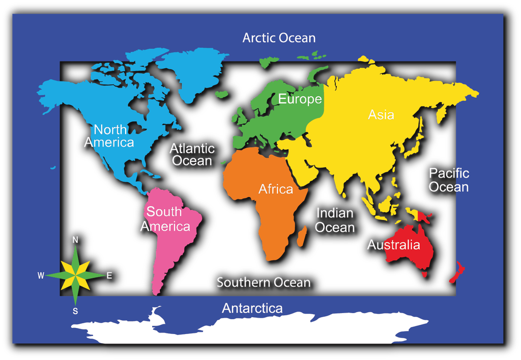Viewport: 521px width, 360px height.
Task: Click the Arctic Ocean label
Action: [279, 38]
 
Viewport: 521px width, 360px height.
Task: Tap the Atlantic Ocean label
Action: [192, 154]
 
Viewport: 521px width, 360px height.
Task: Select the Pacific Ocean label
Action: [448, 180]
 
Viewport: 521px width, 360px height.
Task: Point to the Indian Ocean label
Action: [334, 220]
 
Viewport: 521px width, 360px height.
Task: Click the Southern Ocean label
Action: [263, 282]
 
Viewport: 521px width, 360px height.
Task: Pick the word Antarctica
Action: [252, 308]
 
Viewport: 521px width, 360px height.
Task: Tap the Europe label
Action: [300, 99]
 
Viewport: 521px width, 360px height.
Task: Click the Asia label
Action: [381, 115]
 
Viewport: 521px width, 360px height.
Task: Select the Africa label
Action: [276, 189]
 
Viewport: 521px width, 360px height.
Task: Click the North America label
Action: [109, 135]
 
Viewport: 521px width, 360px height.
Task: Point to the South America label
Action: [165, 219]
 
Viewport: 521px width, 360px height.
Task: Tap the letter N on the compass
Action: [75, 240]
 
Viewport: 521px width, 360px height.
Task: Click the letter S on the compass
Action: [75, 311]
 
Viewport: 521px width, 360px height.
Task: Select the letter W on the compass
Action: [41, 275]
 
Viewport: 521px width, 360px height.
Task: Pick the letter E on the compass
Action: [109, 275]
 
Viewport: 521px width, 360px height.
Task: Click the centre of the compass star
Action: [75, 275]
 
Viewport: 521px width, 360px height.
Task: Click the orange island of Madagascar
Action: [302, 236]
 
